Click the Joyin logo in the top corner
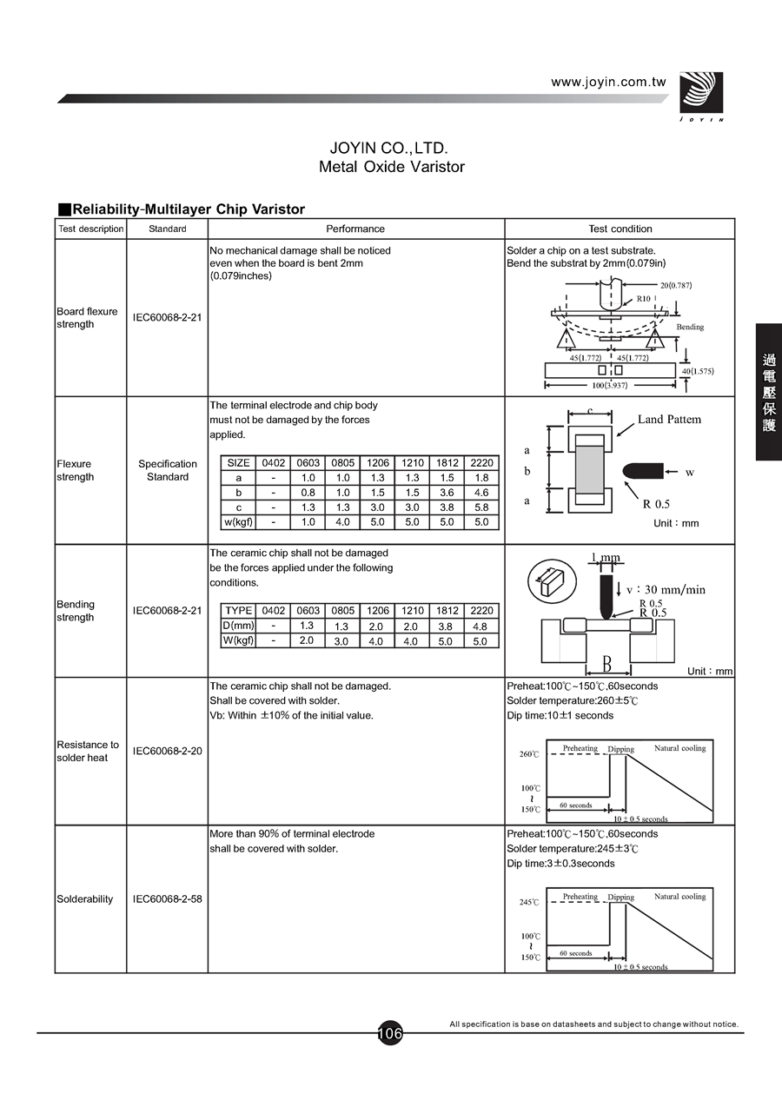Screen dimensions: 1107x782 tap(699, 95)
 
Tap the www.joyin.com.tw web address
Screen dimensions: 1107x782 tap(608, 82)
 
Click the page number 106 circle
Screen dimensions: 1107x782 tap(390, 1033)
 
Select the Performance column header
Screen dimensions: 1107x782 tap(355, 229)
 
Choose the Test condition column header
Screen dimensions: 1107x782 tap(620, 229)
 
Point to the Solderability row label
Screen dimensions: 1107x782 tap(85, 898)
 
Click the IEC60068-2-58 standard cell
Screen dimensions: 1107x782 tap(167, 898)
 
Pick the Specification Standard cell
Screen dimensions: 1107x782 tap(168, 470)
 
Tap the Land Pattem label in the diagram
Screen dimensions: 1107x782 tap(669, 420)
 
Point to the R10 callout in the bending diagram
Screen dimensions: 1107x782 tap(643, 298)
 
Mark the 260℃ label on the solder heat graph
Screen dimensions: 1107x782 tap(529, 754)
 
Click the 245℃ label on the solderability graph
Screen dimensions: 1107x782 tap(529, 903)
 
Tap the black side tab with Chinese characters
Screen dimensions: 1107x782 tap(769, 392)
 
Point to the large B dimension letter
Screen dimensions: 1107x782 tap(606, 665)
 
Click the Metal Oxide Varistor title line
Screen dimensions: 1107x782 tap(391, 167)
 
